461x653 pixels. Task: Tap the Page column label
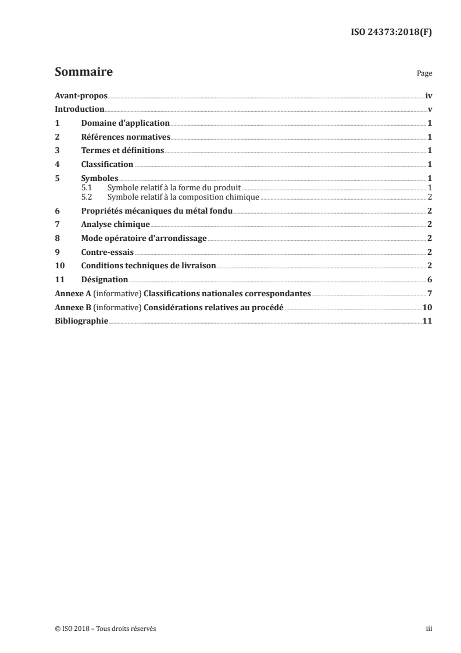point(424,74)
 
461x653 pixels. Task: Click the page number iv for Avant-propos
point(428,96)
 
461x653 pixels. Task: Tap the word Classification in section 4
point(107,165)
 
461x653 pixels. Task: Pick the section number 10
point(59,266)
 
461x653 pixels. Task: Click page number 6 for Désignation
point(429,280)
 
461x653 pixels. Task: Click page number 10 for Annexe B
point(427,307)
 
